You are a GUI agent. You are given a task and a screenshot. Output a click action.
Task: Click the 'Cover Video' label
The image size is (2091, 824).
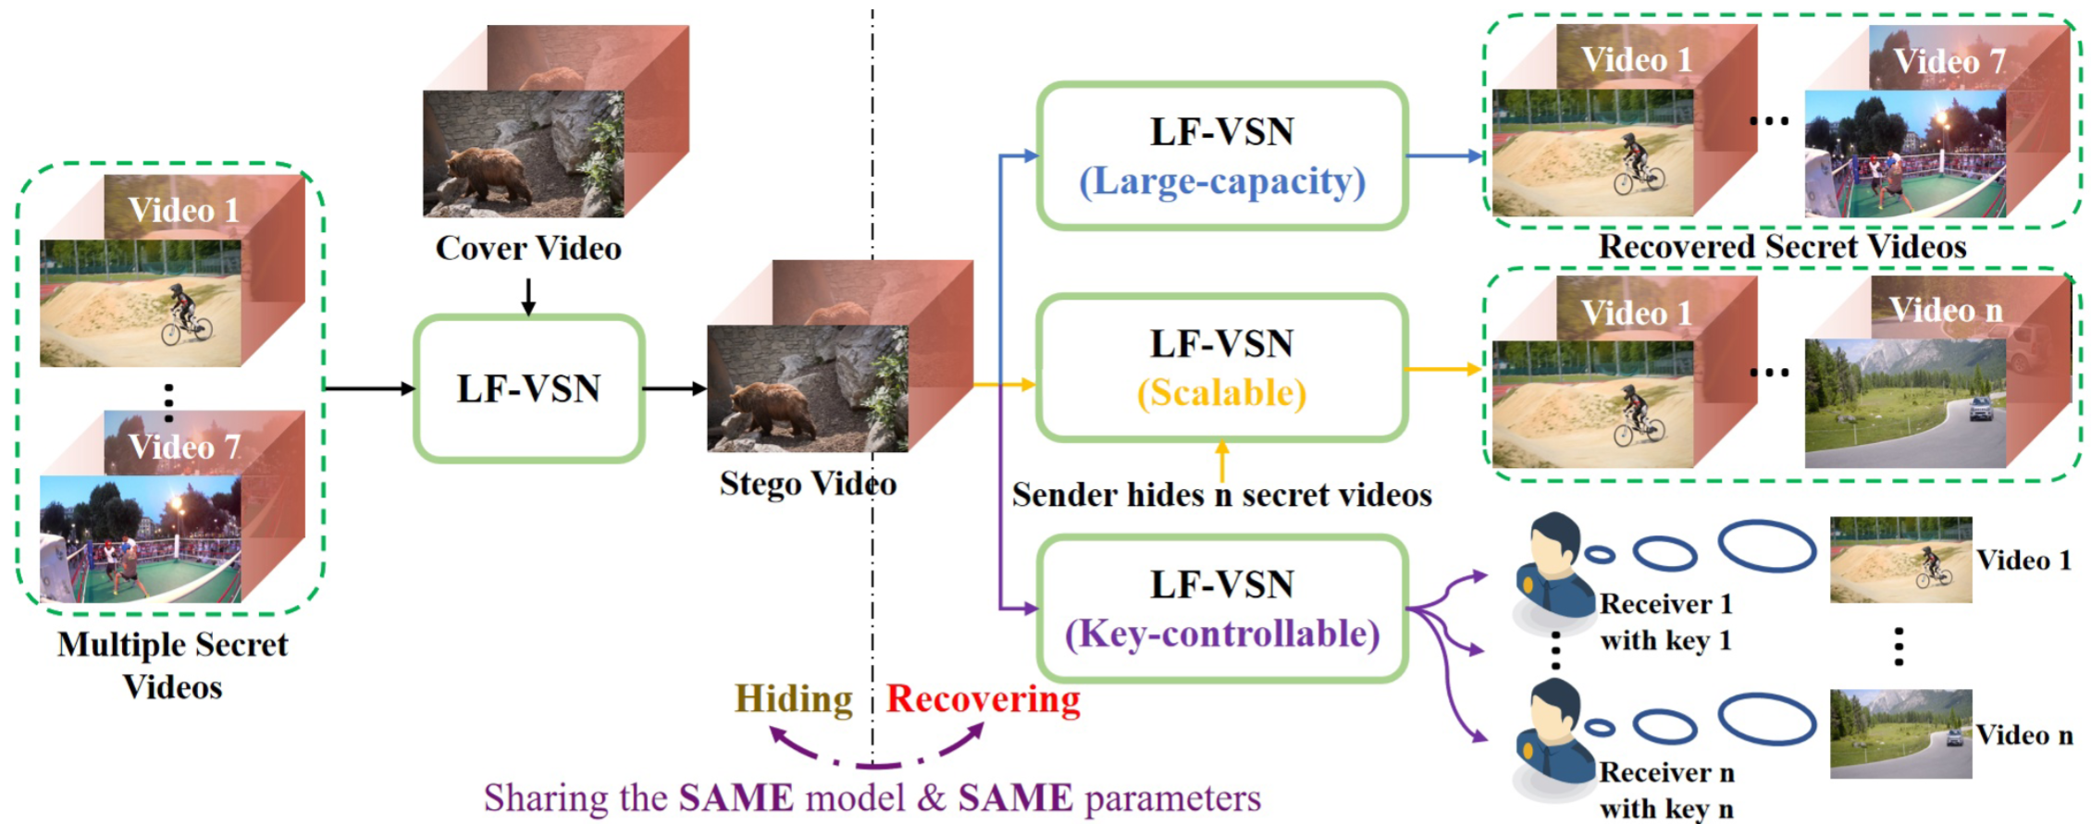(x=528, y=249)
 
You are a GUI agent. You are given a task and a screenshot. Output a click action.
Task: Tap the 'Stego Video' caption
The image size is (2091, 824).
(x=808, y=484)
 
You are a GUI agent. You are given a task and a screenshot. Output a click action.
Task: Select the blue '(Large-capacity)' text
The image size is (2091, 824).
(x=1222, y=182)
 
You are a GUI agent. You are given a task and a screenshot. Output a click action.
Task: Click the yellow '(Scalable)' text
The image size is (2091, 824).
(x=1222, y=394)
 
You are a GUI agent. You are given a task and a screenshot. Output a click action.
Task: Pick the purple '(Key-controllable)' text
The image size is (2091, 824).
(x=1222, y=634)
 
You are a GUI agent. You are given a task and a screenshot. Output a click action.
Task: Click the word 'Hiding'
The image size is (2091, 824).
(x=793, y=699)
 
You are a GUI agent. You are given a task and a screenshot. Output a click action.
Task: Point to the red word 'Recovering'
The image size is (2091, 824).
(x=984, y=699)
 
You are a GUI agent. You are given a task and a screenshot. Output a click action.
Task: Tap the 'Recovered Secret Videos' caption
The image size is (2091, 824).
(x=1782, y=247)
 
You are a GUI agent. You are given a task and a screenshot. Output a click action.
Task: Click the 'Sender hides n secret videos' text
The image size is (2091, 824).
(x=1221, y=496)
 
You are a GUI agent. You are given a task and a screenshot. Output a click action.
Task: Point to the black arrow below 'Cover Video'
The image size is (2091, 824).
(x=528, y=297)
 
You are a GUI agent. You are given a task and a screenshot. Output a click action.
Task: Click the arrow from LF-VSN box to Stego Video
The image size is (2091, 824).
(x=674, y=388)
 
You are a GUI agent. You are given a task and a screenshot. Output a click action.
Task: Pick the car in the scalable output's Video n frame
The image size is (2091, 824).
(x=1980, y=408)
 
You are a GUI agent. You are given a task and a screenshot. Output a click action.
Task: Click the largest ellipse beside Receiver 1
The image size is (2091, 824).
(x=1766, y=546)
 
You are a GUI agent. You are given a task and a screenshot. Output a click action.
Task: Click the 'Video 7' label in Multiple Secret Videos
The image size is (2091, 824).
(x=184, y=448)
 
